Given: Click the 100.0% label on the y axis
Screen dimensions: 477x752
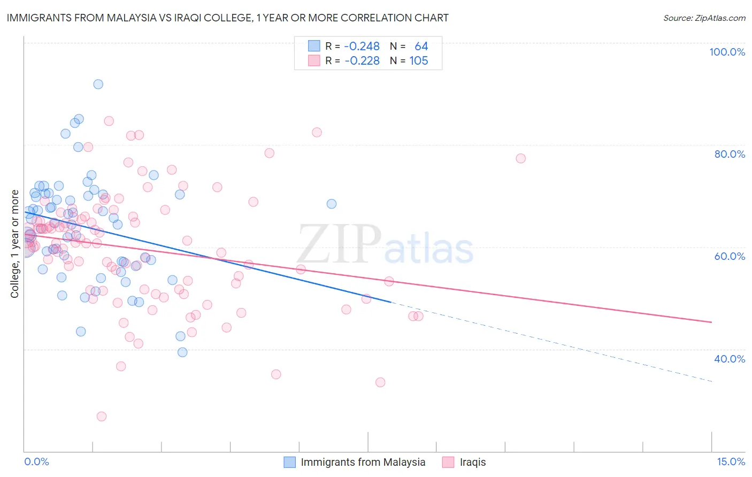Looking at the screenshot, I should coord(727,52).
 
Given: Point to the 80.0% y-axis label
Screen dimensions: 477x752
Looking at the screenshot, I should coord(730,154).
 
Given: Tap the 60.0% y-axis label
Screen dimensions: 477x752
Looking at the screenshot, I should coord(730,256).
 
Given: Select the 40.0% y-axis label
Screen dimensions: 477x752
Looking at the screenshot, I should coord(730,359).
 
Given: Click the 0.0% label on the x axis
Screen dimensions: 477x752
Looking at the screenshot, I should coord(36,462).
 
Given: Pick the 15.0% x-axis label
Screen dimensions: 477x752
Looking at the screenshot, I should coord(731,462).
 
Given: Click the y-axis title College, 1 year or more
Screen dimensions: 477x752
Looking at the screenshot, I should coord(15,244).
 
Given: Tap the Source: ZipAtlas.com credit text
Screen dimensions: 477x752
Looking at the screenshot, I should coord(704,18).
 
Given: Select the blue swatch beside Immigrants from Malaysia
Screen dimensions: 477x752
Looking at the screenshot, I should coord(289,462).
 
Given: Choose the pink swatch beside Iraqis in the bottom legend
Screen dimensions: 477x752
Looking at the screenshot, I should coord(448,462).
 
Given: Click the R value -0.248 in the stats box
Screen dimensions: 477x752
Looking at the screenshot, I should coord(362,47).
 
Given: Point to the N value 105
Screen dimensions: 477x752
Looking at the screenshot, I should coord(419,61).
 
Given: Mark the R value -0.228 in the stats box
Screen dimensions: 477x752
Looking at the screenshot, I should coord(362,61).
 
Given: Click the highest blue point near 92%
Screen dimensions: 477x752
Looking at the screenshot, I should coord(98,84).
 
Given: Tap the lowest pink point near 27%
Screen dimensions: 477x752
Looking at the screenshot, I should coord(101,416).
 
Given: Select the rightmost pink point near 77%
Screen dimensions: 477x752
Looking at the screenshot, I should coord(520,158).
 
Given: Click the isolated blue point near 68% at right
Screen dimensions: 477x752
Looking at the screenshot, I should coord(332,204).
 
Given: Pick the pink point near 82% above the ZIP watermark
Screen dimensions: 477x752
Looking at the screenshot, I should coord(317,132).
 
